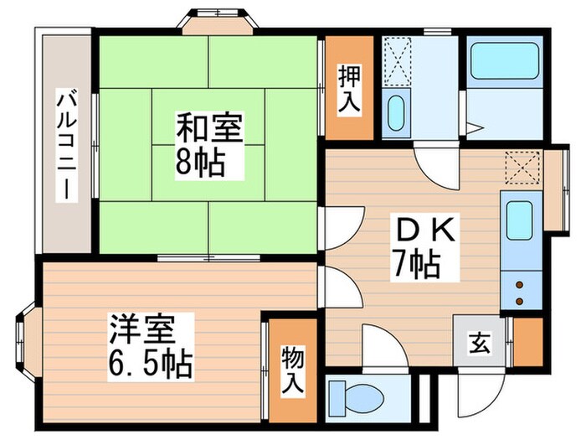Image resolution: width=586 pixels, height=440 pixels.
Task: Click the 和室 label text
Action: [208, 132]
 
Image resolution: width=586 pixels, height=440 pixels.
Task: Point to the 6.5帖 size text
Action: [150, 362]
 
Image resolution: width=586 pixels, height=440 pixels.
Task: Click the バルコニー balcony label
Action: [64, 145]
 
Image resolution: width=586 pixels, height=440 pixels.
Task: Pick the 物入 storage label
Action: [291, 370]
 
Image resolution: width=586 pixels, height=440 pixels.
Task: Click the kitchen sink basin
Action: [520, 220]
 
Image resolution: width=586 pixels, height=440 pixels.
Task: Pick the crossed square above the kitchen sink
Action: [523, 168]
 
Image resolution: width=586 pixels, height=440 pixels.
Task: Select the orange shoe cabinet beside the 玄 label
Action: [527, 342]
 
